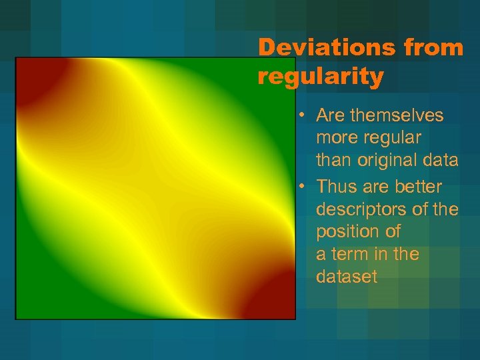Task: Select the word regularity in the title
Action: point(321,77)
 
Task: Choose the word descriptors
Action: point(365,209)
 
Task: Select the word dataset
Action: point(347,277)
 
